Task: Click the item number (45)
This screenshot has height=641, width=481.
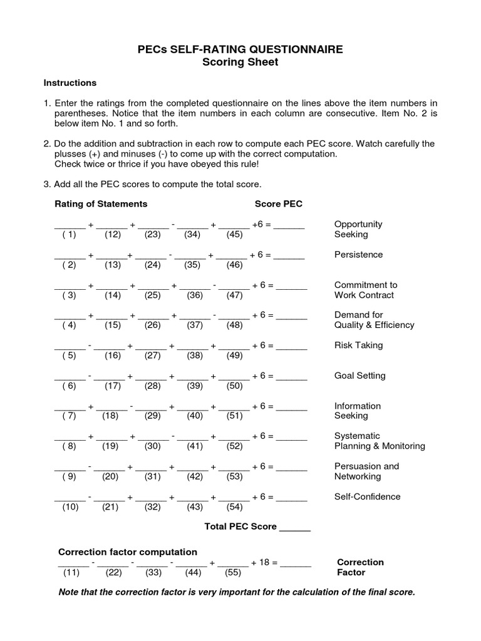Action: coord(234,235)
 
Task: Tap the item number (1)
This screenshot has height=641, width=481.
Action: coord(69,235)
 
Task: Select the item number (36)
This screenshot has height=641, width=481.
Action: coord(195,295)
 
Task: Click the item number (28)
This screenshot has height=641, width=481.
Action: coord(153,386)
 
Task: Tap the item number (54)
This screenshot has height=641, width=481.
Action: coord(234,506)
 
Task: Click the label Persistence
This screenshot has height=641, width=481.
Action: coord(358,255)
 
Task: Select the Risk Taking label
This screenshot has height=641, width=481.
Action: coord(358,345)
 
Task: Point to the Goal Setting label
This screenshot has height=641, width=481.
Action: coord(359,376)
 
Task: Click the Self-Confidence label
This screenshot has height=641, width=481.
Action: coord(367,496)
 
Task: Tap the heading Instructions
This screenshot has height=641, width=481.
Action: coord(70,83)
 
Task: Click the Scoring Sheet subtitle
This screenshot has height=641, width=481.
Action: coord(240,63)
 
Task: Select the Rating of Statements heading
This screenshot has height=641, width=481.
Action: coord(101,203)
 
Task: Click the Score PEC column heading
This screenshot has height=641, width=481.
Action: coord(278,203)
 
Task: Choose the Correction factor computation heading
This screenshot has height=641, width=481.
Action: coord(128,551)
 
